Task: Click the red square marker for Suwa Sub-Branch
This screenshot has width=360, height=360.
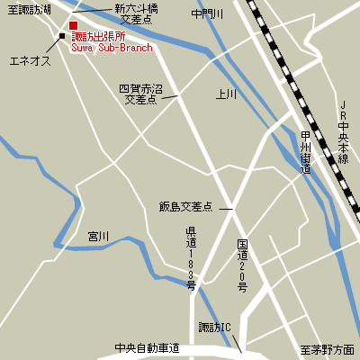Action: [74, 24]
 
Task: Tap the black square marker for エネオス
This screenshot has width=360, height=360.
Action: [62, 37]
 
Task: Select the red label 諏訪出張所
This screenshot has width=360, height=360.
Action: [111, 35]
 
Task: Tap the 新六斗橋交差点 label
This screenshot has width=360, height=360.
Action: [137, 13]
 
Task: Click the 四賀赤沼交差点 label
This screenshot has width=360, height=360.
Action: [140, 94]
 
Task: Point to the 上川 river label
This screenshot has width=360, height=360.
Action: [226, 94]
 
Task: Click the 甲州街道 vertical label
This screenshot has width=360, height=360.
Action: [306, 154]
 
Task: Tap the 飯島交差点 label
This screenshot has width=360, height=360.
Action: [185, 207]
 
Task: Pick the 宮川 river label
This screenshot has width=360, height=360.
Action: [98, 236]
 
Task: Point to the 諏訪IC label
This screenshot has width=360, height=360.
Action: [215, 327]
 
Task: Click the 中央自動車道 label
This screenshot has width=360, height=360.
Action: [147, 348]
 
